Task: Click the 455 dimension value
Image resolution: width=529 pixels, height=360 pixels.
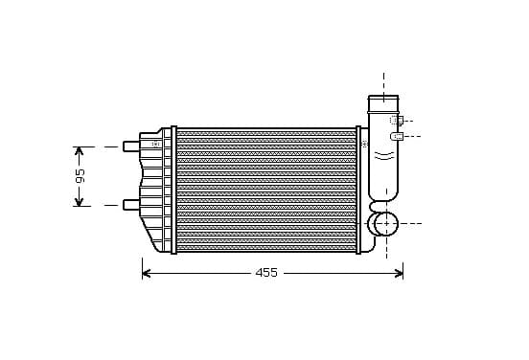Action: click(x=266, y=272)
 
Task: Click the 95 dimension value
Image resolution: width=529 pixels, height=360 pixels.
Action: click(x=80, y=175)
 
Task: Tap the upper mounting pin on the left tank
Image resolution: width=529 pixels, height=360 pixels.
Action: click(x=131, y=146)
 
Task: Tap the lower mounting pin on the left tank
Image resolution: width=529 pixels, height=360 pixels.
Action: click(x=131, y=205)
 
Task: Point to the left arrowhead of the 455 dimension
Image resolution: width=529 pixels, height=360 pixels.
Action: click(x=146, y=273)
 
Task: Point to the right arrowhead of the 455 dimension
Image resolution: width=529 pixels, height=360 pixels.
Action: click(x=399, y=273)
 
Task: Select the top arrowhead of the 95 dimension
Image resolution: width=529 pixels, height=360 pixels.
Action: click(x=79, y=151)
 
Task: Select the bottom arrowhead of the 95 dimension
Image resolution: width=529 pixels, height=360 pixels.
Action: click(x=79, y=201)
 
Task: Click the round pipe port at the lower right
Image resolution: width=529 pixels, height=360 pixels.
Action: click(x=386, y=224)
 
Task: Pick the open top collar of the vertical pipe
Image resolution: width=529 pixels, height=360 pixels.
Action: click(x=383, y=103)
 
